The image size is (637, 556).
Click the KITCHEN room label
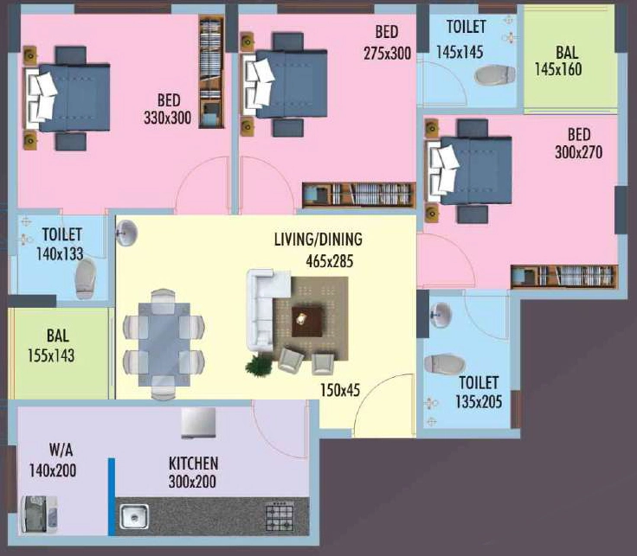pos(193,463)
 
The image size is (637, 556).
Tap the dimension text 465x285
pos(330,261)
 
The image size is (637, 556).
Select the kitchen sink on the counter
pos(134,516)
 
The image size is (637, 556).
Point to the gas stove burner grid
pos(280,516)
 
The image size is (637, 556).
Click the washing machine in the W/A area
pos(39,514)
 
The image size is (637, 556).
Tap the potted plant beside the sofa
pos(259,364)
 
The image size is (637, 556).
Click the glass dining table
pos(164,344)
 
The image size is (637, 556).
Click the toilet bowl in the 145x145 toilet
pos(495,75)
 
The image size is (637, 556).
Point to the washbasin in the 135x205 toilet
pos(441,315)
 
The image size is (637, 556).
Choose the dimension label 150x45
pos(340,390)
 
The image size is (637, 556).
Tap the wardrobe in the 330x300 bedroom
pos(211,72)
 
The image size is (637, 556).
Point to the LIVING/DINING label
pos(318,240)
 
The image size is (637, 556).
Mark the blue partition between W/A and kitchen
pos(112,496)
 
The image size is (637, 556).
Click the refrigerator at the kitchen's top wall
pos(198,423)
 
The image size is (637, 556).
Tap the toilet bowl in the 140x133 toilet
pos(86,278)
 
